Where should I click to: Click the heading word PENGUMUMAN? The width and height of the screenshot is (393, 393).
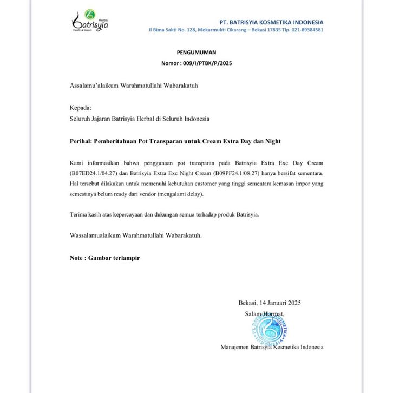[x=196, y=53]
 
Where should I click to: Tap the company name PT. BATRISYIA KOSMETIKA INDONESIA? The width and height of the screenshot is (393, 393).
[x=271, y=22]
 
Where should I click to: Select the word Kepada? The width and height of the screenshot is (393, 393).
[x=81, y=108]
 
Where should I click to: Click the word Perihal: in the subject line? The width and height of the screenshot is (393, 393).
[x=81, y=141]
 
